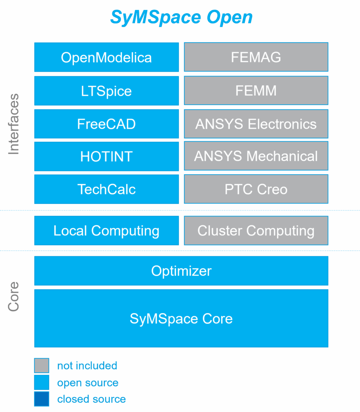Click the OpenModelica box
pyautogui.click(x=106, y=57)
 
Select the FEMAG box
pyautogui.click(x=256, y=57)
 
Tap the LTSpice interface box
pyautogui.click(x=106, y=91)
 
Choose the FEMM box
pyautogui.click(x=256, y=91)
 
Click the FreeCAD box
pyautogui.click(x=106, y=124)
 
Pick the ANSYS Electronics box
pyautogui.click(x=256, y=124)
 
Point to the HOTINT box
pyautogui.click(x=106, y=156)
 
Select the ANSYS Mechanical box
pyautogui.click(x=256, y=156)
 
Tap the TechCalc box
pyautogui.click(x=106, y=189)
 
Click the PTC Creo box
pyautogui.click(x=256, y=189)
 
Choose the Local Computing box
pyautogui.click(x=106, y=231)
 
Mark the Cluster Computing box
pyautogui.click(x=256, y=231)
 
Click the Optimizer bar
pyautogui.click(x=181, y=271)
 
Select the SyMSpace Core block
pyautogui.click(x=181, y=319)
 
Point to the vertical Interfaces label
pyautogui.click(x=14, y=124)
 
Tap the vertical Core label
pyautogui.click(x=14, y=296)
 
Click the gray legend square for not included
pyautogui.click(x=41, y=366)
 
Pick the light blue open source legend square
pyautogui.click(x=41, y=383)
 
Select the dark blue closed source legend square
pyautogui.click(x=41, y=399)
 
